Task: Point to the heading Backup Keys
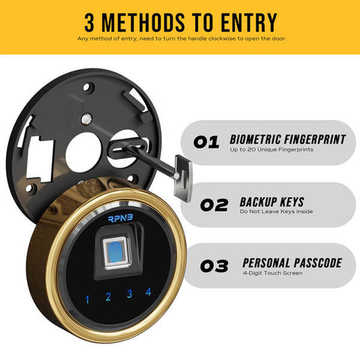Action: coord(271,200)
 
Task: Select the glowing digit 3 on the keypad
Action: coord(129,294)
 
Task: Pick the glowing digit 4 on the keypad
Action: coord(148,291)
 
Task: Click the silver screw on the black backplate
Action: coord(88,116)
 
